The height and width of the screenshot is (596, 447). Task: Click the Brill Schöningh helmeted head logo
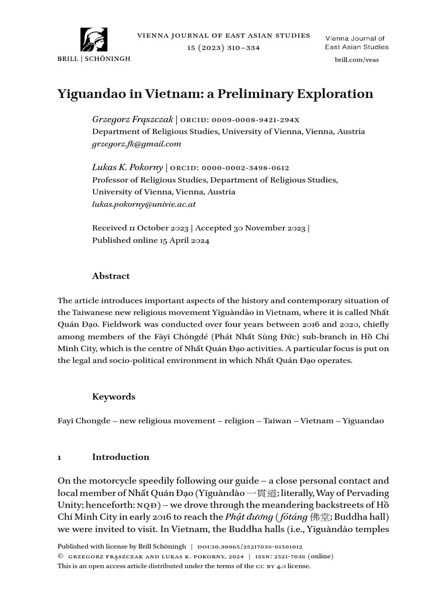[93, 40]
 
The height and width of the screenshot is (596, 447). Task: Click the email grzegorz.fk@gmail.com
[137, 144]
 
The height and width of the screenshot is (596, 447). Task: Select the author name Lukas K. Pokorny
[127, 168]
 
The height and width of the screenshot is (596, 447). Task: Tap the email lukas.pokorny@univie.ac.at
[144, 204]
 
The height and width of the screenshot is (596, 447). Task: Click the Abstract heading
[111, 276]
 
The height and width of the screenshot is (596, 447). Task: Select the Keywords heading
[113, 396]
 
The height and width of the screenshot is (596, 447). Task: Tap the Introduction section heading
[120, 457]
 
